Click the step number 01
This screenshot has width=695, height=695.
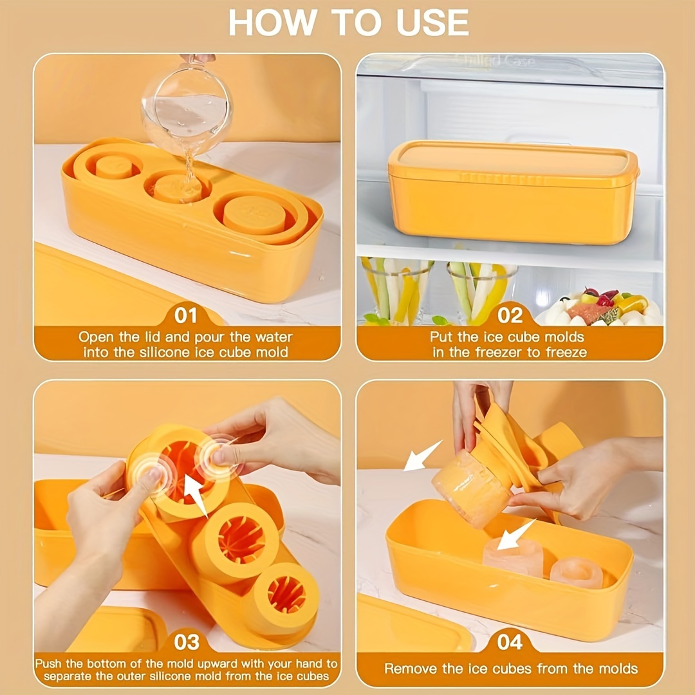click(186, 315)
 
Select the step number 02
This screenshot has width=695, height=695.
click(510, 315)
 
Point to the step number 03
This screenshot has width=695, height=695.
click(186, 642)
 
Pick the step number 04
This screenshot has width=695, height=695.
click(510, 642)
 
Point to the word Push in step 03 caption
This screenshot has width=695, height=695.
click(50, 663)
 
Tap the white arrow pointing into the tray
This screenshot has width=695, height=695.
click(515, 535)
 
